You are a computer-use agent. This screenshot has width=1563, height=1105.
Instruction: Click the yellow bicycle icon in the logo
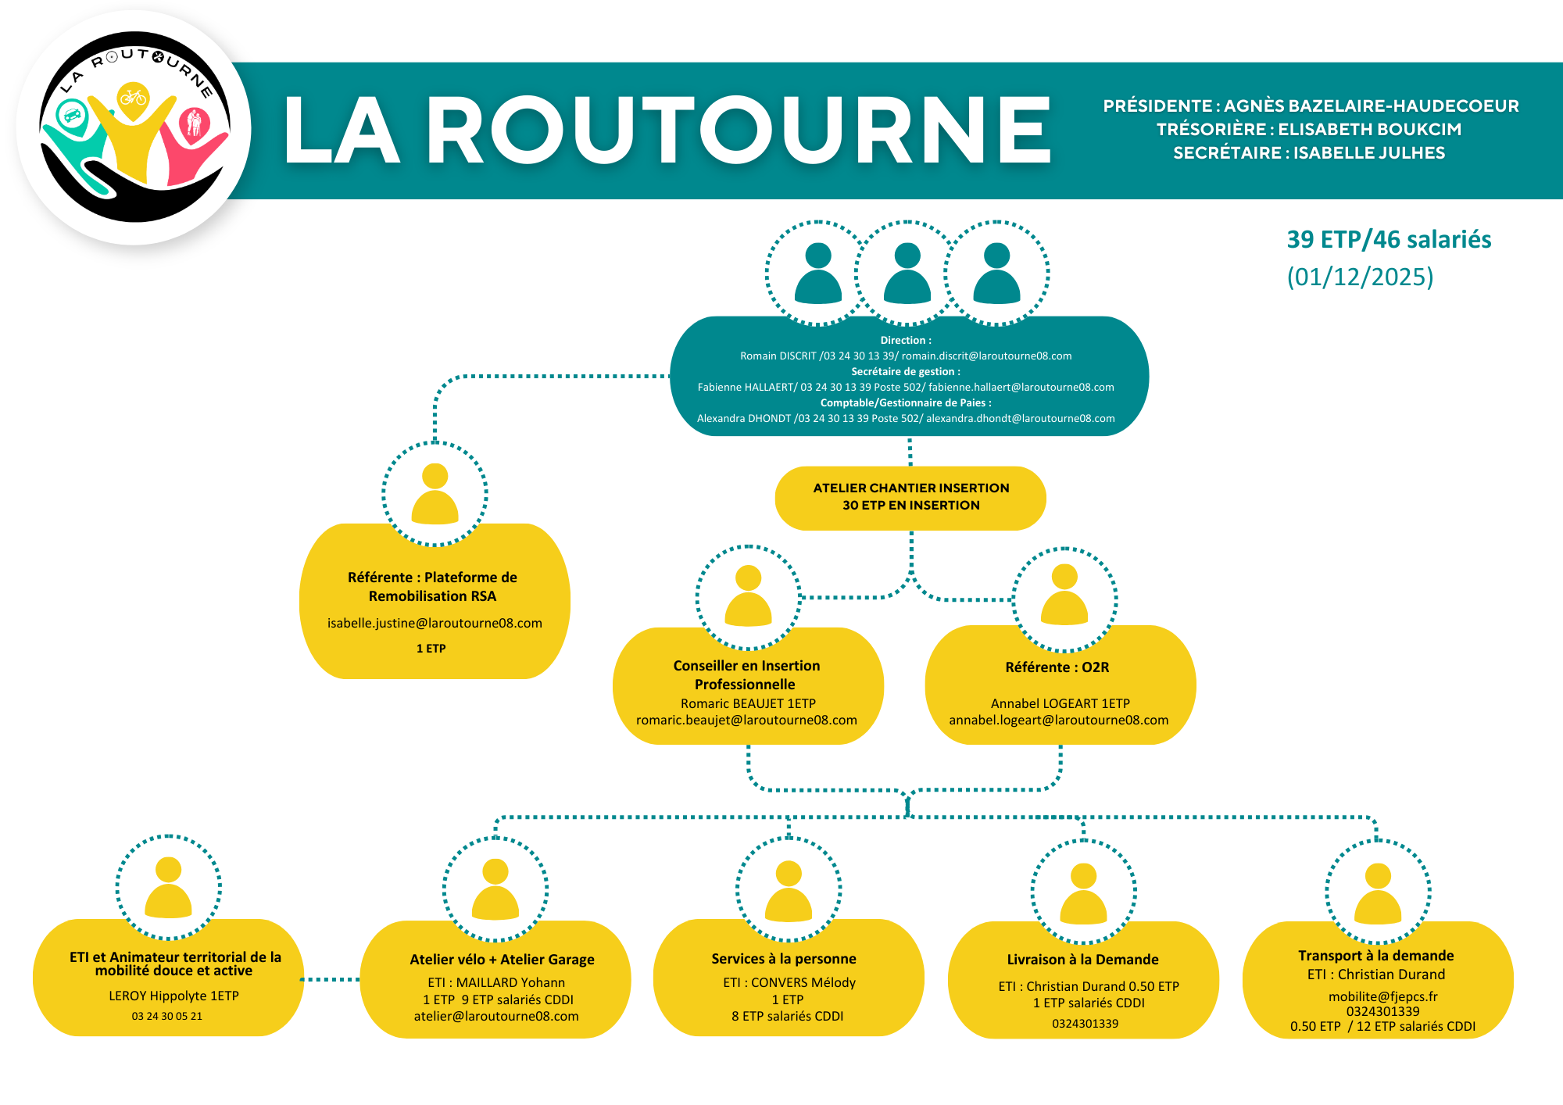133,98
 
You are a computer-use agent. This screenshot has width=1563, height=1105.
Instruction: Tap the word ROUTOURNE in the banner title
739,131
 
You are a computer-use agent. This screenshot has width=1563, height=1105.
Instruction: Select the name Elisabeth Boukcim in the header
1369,130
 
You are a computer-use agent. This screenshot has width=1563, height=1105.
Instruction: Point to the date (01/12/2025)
1360,277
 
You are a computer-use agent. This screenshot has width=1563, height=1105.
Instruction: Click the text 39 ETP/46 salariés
1389,239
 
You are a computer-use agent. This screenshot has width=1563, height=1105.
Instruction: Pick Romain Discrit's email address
986,356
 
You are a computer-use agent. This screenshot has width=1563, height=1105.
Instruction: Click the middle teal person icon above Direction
907,273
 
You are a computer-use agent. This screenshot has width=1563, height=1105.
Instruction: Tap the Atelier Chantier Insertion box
910,497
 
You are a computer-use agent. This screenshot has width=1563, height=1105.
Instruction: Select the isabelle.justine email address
435,624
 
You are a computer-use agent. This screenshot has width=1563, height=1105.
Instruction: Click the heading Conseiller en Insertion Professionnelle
746,675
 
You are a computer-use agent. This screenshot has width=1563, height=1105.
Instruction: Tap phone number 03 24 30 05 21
166,1017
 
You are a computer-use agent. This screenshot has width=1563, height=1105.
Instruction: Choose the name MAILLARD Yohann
510,983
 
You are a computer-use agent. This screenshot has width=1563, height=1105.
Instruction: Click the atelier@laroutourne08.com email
496,1017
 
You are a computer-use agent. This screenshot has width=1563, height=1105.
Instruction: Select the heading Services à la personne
783,959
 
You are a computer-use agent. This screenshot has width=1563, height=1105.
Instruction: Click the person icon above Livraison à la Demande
1083,892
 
